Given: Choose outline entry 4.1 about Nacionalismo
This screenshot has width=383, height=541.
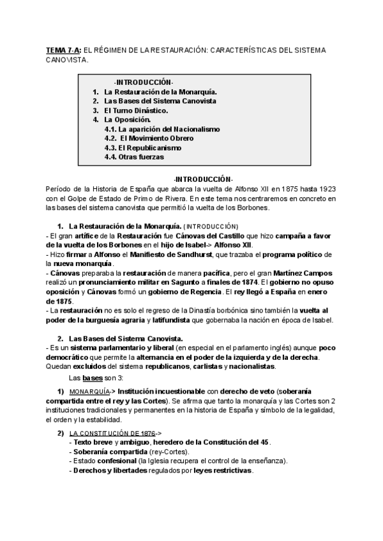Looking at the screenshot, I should tap(161, 129).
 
